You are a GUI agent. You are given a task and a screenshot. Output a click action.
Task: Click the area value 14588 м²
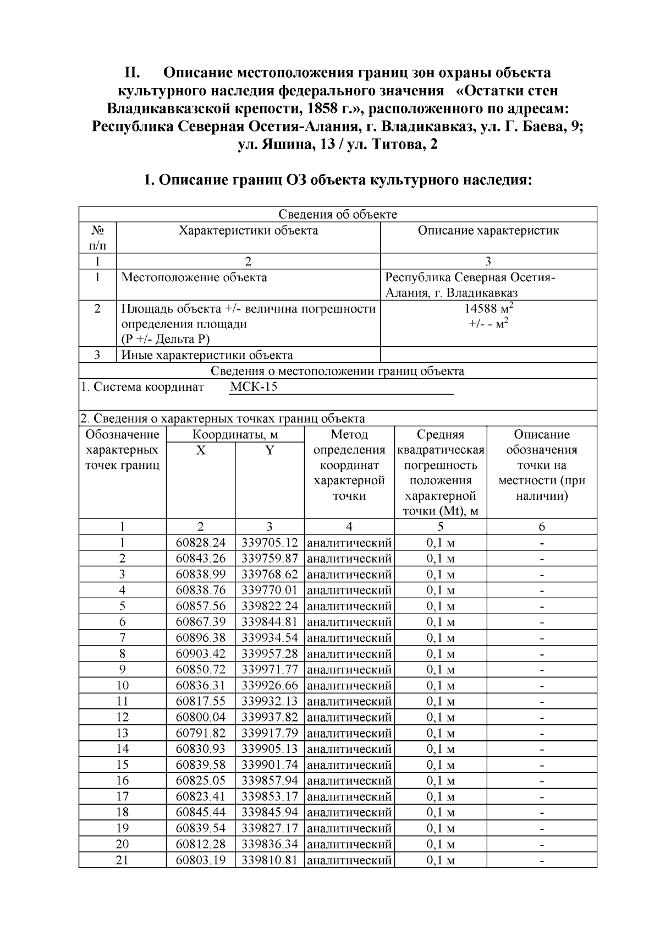488,308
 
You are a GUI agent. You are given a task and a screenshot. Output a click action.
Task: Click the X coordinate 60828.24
201,543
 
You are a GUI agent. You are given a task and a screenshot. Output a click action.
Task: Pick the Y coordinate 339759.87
269,559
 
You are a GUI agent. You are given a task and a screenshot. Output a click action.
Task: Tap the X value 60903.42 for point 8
201,654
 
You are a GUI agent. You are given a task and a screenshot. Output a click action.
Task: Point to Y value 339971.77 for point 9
269,670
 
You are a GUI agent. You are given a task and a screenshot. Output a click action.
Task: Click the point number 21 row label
122,860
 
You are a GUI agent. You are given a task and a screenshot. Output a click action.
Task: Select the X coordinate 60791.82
201,733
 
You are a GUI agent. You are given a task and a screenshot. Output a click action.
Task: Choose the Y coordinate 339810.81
269,860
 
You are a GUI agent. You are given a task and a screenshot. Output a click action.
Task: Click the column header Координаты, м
235,435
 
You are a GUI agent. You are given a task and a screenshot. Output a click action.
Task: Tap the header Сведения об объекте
338,215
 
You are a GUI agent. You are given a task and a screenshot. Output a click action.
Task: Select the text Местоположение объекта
194,277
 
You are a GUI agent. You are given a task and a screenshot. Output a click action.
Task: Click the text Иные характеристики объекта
207,356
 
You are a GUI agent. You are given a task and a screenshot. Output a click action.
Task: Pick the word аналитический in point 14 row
349,749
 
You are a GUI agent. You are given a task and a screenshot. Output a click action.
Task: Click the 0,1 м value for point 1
441,543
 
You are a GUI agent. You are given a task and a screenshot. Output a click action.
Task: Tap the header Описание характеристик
488,231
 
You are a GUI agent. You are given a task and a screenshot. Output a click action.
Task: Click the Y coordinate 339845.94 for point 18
269,812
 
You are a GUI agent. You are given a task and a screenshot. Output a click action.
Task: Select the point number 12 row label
122,717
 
